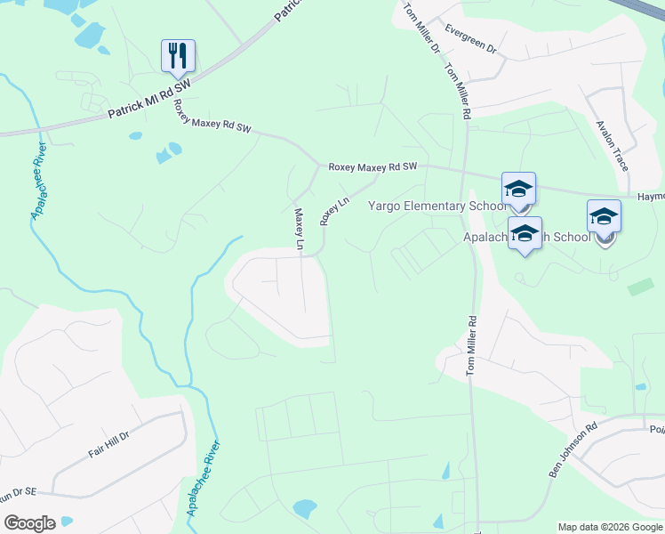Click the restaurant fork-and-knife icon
tap(178, 55)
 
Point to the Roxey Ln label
tap(335, 212)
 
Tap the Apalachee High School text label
tap(526, 238)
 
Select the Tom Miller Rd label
tap(473, 346)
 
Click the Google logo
tap(29, 523)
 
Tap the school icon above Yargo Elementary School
tap(518, 190)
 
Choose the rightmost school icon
tap(604, 217)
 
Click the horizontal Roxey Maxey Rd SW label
tap(373, 166)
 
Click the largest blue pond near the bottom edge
tap(304, 508)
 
